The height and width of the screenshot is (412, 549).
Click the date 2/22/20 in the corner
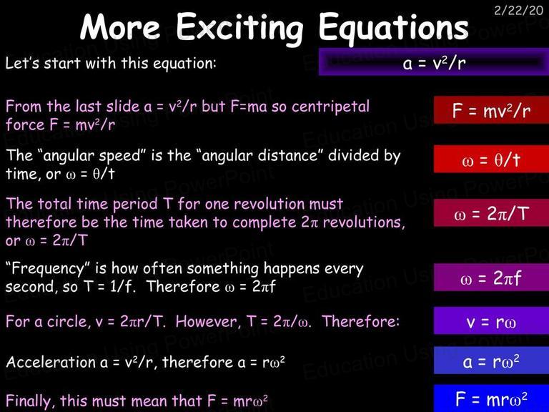[x=518, y=11]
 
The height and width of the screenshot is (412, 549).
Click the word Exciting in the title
[x=239, y=28]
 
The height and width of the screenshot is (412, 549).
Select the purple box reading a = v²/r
[x=434, y=62]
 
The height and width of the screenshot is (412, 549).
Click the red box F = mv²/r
[x=491, y=110]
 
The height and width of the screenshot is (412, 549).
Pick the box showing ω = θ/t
[x=491, y=160]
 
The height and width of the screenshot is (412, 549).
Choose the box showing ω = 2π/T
[x=491, y=213]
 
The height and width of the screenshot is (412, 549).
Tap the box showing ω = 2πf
[x=491, y=278]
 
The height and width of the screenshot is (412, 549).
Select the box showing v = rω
[x=491, y=320]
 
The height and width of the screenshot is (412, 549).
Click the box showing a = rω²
[x=491, y=360]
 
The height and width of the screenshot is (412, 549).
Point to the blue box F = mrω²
[x=491, y=398]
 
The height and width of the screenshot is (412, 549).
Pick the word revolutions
[x=364, y=222]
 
